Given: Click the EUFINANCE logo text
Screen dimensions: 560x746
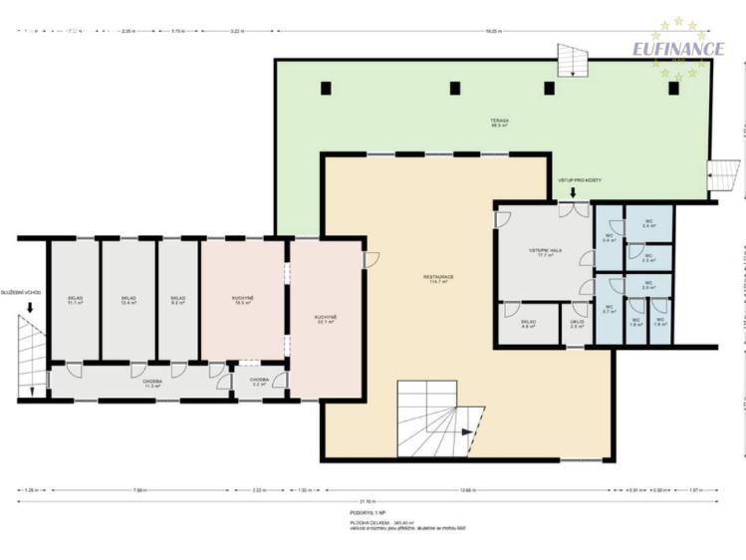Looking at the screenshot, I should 679,48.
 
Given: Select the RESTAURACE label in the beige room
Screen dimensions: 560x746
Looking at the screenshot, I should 438,279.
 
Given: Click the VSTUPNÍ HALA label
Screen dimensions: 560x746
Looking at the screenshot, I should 544,252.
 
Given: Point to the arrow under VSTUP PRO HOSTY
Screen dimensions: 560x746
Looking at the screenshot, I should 573,193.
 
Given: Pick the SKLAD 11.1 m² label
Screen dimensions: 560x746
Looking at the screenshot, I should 75,299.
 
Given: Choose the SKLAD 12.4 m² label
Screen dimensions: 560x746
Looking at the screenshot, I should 128,299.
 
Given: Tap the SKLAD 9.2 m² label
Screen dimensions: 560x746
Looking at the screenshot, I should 177,299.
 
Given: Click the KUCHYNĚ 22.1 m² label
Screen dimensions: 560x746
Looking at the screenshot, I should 326,318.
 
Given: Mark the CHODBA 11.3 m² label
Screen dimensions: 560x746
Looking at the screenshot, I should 152,382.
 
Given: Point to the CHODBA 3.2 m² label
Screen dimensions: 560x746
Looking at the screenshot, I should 259,382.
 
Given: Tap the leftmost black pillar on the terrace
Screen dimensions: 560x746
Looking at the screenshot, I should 326,88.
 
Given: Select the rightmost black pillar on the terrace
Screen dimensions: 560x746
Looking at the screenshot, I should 673,88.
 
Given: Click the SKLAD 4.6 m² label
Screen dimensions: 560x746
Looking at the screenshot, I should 528,324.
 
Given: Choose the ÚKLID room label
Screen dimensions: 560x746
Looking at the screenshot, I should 576,324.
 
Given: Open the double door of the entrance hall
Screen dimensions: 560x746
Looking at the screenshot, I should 573,210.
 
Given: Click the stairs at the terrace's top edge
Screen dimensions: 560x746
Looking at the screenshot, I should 573,61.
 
